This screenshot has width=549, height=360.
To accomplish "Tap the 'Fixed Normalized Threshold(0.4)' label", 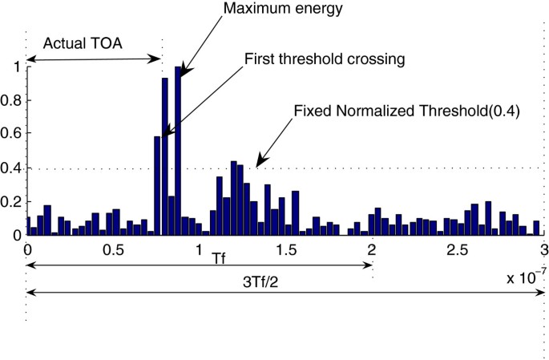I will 407,111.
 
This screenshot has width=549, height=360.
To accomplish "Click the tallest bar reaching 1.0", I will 178,152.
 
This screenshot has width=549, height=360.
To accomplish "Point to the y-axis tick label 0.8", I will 14,102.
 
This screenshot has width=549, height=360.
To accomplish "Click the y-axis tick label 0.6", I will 14,136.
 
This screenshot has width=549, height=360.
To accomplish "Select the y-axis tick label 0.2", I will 14,202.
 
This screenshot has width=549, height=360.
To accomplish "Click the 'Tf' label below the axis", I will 219,261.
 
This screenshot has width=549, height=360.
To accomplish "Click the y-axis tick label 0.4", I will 14,168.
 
